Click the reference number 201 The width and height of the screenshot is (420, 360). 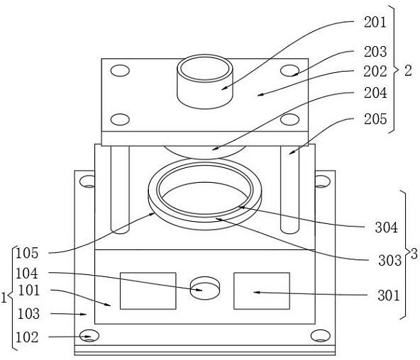[x=375, y=22]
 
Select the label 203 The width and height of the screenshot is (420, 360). [x=375, y=52]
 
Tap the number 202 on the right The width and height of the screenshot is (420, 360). [x=375, y=72]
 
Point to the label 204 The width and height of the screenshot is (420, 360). [x=375, y=93]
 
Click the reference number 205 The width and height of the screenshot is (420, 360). [x=375, y=119]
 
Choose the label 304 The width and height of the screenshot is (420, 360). [x=386, y=228]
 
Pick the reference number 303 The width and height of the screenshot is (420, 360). [x=389, y=261]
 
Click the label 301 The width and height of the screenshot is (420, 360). [x=389, y=296]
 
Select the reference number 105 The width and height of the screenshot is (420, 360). [x=27, y=253]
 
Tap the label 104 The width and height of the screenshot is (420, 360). [x=27, y=274]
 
